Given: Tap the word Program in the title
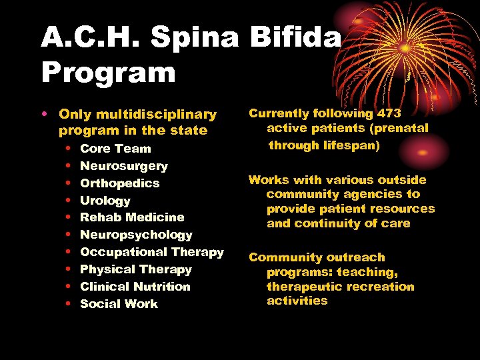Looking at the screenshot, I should tap(108, 72).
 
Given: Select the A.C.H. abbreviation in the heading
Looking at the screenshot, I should tap(91, 38).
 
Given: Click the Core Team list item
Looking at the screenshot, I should tap(115, 149).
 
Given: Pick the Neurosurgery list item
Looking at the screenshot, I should tap(124, 166).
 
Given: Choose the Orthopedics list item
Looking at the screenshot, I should tap(120, 183).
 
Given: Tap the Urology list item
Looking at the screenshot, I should tap(105, 201).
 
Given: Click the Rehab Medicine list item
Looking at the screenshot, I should tap(132, 217).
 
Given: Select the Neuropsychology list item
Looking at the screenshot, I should tap(136, 235).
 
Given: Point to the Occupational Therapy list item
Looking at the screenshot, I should tap(152, 252).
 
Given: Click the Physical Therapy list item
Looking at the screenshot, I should tap(136, 269).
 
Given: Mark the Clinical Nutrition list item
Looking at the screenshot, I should tap(135, 287).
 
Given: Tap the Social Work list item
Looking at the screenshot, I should tap(119, 304).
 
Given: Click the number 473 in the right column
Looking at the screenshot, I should tap(388, 114).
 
